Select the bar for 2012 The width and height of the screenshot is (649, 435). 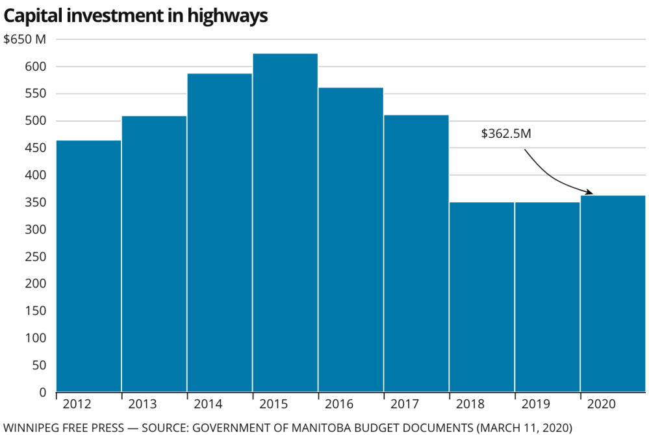click(x=89, y=266)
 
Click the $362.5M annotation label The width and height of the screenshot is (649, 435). click(x=506, y=133)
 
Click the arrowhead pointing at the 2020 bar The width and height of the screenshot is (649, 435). click(x=589, y=192)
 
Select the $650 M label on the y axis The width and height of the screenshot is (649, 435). click(x=25, y=39)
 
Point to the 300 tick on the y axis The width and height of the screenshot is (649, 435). click(x=36, y=230)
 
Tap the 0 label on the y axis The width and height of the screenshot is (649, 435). click(x=42, y=392)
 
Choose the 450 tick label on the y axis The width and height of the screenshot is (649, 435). click(x=36, y=148)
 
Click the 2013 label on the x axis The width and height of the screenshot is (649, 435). click(x=142, y=404)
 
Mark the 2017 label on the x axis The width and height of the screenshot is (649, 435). click(x=404, y=404)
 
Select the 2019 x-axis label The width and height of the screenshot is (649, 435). click(x=535, y=404)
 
